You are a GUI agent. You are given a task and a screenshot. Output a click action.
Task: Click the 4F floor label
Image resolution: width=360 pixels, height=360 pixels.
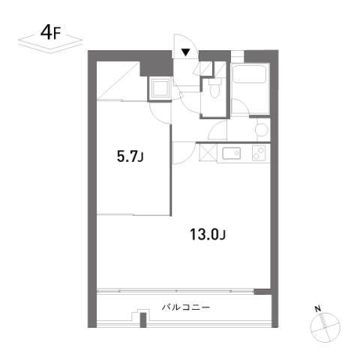coord(50,33)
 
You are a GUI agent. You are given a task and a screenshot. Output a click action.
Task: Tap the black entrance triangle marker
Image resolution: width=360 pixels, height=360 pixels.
coord(186,52)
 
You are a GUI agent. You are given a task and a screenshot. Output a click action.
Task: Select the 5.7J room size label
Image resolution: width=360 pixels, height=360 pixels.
coord(130,157)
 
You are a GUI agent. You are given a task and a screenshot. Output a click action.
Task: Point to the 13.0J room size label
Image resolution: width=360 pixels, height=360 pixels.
coord(208,235)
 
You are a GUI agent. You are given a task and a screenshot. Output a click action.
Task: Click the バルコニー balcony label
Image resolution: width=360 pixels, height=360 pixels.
coord(186,307)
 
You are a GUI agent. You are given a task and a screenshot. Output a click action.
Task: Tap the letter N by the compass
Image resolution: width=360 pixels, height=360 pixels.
coord(318,309)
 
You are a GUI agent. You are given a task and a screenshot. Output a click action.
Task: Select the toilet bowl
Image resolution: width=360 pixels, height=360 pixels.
coord(214,88)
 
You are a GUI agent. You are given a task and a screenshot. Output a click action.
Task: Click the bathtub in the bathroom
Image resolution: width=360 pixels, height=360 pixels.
coord(249,74)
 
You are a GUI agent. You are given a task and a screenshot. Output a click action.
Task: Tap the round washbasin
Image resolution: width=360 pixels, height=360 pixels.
coord(262,130)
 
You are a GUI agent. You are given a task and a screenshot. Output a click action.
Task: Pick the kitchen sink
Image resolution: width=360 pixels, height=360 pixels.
coord(232,153)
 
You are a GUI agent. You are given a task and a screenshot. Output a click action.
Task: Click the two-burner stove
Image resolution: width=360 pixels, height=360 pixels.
coord(259,153)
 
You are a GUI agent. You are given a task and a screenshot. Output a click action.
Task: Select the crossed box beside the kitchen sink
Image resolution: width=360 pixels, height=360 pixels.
coord(208,152)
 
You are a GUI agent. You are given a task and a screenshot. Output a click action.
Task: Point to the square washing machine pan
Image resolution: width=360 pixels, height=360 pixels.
coord(160,88)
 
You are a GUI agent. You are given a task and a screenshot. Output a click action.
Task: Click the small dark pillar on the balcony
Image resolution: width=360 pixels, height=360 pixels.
coord(143,319)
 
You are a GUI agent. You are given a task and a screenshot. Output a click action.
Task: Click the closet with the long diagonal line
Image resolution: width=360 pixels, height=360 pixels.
coord(118,80)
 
